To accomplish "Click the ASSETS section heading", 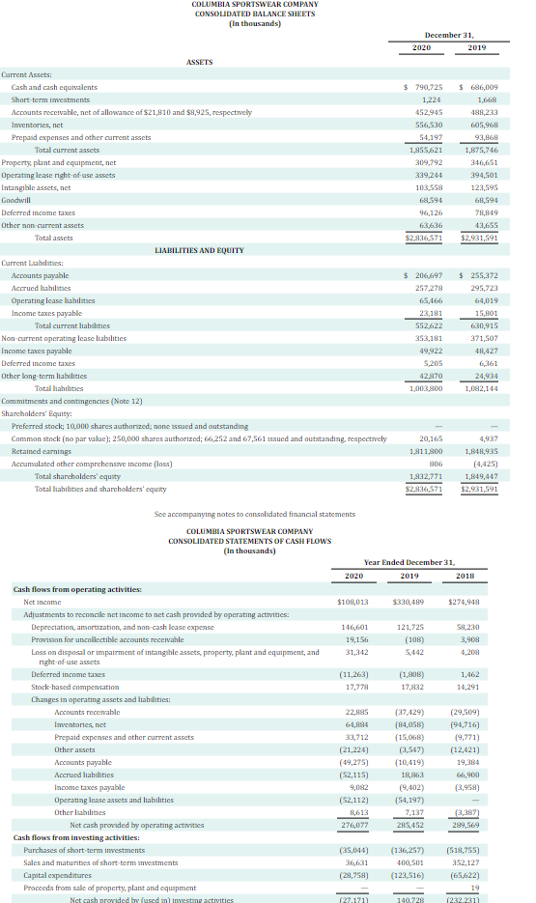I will (199, 62).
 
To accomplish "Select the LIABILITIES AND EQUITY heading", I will (200, 250).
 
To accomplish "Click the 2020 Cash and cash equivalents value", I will (424, 87).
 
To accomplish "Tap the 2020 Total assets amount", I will (423, 238).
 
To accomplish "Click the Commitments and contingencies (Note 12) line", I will (71, 401).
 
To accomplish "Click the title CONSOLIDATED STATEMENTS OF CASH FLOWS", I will (249, 541).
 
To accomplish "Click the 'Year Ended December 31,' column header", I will (409, 562).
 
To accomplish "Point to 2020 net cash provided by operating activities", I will (355, 826).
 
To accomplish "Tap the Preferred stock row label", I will (129, 425).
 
